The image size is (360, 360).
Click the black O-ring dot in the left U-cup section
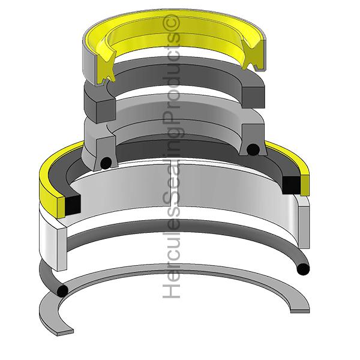tap(106, 163)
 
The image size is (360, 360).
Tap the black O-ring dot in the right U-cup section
tap(253, 149)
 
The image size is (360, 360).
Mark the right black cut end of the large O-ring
tap(303, 269)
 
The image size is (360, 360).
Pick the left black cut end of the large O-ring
tap(62, 291)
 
